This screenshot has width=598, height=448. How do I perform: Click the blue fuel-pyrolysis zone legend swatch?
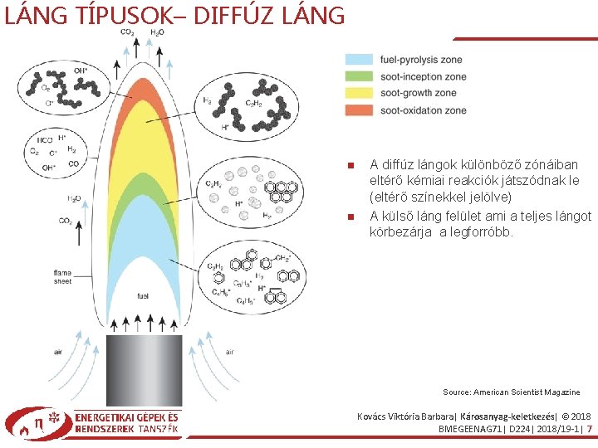coord(358,60)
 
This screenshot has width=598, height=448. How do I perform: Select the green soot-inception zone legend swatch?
coord(358,76)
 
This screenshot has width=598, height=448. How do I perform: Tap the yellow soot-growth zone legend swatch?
coord(358,93)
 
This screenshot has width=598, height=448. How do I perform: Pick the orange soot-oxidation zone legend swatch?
coord(358,110)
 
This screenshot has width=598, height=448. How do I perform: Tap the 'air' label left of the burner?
coord(58,352)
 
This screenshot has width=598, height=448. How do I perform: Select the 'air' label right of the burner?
coord(230,352)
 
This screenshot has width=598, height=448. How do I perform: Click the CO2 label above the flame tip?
coord(127,32)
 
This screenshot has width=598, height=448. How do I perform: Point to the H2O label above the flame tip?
coord(156,32)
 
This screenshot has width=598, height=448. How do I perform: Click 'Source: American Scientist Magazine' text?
coord(512,392)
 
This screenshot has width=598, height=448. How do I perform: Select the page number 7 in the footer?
coord(589,429)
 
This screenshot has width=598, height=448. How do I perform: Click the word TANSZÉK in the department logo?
coord(158,429)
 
